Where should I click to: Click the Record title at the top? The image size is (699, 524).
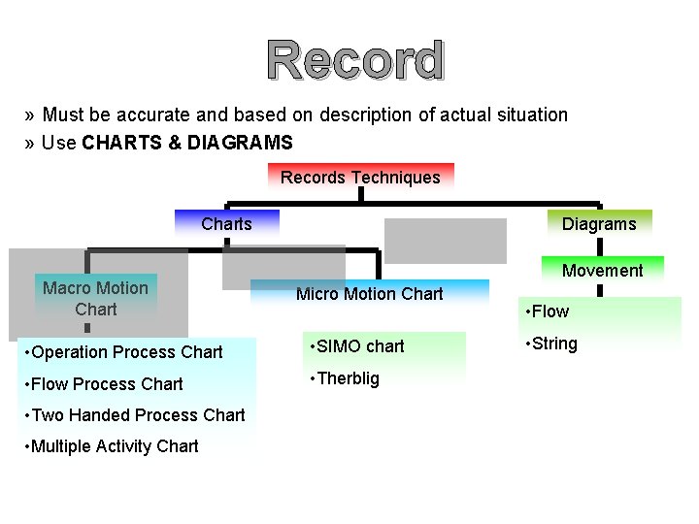pyautogui.click(x=356, y=60)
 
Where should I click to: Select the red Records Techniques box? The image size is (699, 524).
pyautogui.click(x=360, y=177)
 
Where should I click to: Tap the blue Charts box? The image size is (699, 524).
pyautogui.click(x=226, y=224)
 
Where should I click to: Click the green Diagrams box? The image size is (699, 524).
pyautogui.click(x=599, y=224)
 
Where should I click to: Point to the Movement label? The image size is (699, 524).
pyautogui.click(x=602, y=271)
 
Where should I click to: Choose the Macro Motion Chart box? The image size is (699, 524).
pyautogui.click(x=95, y=299)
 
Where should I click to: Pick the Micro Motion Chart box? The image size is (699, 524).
pyautogui.click(x=369, y=294)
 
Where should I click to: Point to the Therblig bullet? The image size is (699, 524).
pyautogui.click(x=344, y=378)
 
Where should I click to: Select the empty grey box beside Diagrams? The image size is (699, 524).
pyautogui.click(x=445, y=241)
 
